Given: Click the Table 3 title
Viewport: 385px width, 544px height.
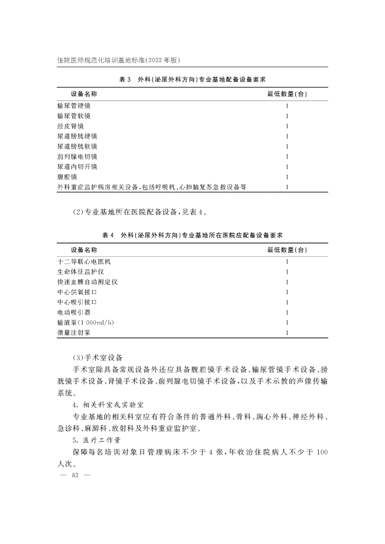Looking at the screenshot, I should tap(192, 79).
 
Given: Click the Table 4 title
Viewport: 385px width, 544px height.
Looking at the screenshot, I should tap(192, 235).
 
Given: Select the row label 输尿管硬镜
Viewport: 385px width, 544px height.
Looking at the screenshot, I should tap(74, 105).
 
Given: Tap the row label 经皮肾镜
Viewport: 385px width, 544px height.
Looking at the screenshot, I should tap(70, 126).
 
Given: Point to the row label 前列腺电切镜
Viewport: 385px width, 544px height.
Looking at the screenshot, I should tap(77, 156).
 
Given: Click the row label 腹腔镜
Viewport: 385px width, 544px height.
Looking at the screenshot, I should tap(67, 177).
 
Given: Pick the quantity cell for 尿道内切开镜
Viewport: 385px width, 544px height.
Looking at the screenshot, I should tap(287, 167).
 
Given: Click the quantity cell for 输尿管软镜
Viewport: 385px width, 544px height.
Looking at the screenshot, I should tap(287, 115).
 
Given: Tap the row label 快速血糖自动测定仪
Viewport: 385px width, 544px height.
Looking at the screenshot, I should tap(87, 282).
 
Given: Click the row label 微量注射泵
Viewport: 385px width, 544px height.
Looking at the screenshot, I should tap(74, 332).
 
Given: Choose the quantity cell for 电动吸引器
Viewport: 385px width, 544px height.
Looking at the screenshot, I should tap(287, 312).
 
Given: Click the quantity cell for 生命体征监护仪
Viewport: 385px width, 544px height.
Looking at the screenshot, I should tap(287, 272).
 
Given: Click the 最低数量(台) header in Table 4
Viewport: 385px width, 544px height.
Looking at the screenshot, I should tap(287, 250).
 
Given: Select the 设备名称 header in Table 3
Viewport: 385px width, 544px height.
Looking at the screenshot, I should tap(84, 94).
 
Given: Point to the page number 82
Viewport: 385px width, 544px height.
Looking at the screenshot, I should tap(74, 476).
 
